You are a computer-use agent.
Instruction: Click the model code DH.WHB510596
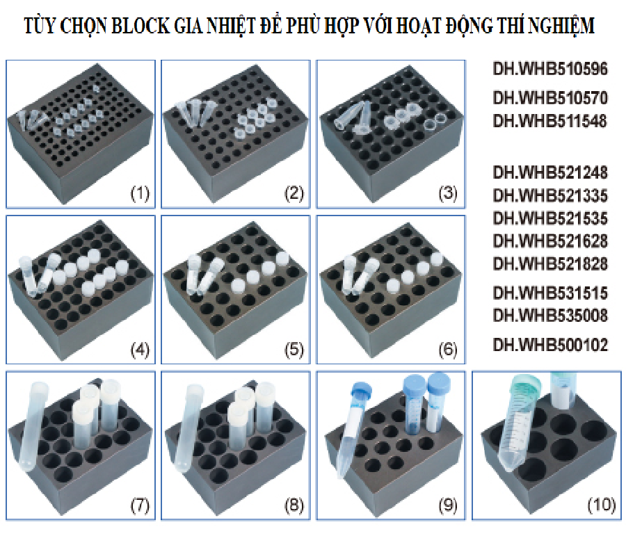click(550, 69)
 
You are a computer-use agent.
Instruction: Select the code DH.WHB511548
click(550, 120)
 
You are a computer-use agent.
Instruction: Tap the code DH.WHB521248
click(550, 172)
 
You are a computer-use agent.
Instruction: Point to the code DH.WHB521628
click(550, 241)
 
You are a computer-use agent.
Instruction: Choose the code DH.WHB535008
click(550, 316)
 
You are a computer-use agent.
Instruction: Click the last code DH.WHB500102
click(550, 345)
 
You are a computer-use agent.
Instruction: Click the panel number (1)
click(140, 193)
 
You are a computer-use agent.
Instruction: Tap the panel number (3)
click(448, 193)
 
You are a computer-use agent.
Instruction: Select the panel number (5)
click(294, 350)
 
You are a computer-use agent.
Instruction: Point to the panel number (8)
click(294, 505)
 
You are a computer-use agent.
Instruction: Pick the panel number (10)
click(602, 505)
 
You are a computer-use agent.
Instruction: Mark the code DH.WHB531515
click(550, 293)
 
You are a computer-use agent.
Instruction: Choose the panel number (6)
click(448, 350)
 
